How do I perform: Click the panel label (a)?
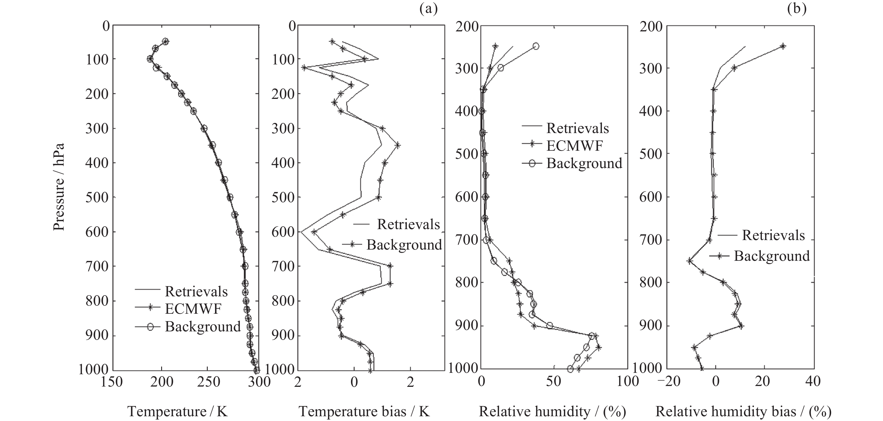tap(429, 10)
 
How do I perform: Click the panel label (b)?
tap(797, 10)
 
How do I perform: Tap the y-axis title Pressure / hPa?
tap(59, 187)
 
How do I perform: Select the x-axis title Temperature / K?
tap(177, 411)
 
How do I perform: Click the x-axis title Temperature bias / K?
tap(364, 411)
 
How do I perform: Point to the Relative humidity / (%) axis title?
tap(552, 411)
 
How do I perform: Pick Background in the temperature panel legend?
tap(203, 326)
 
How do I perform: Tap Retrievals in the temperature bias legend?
tap(408, 224)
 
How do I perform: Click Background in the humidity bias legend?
tap(772, 256)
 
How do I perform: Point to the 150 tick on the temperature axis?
tap(112, 381)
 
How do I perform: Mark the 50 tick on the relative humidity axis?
tap(554, 381)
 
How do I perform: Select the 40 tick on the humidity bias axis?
tap(812, 381)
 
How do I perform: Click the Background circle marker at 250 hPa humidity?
tap(536, 46)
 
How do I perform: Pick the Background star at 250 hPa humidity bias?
tap(783, 46)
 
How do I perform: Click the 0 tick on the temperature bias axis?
tap(354, 381)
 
